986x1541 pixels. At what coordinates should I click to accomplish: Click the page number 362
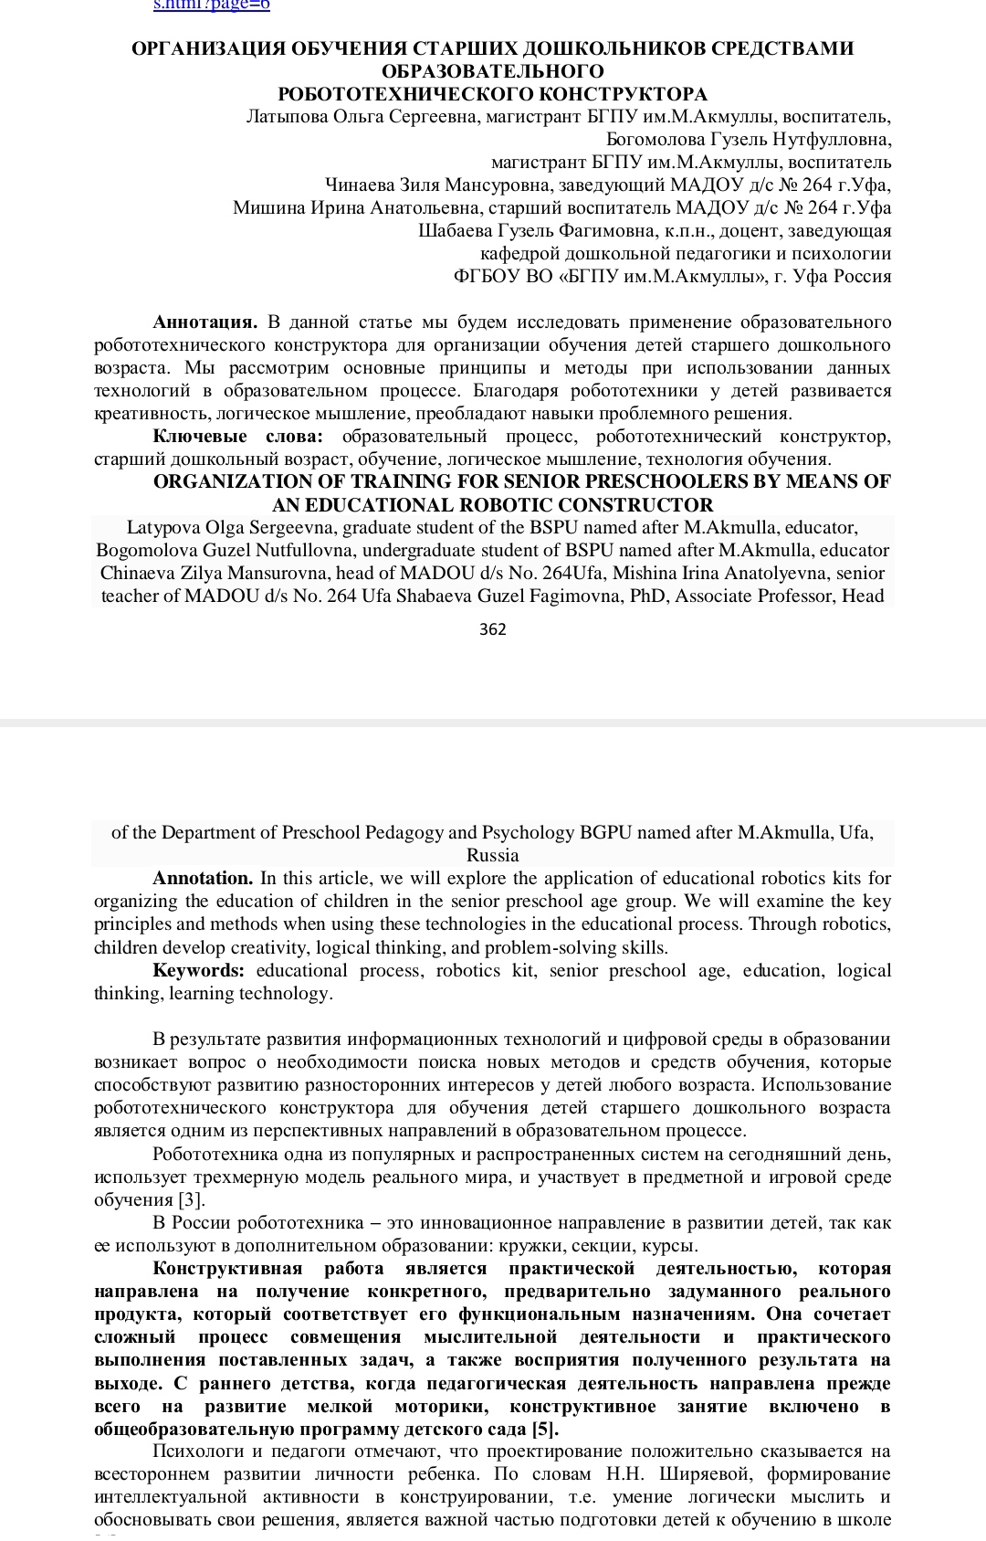(x=492, y=629)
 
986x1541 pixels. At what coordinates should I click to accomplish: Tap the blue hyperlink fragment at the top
(x=211, y=5)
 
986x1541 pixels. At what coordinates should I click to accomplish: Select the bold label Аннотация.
(x=205, y=322)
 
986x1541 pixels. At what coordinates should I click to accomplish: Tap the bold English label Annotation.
(x=203, y=879)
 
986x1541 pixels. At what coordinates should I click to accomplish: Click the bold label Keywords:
(x=198, y=970)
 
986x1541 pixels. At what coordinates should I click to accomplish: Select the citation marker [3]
(x=191, y=1199)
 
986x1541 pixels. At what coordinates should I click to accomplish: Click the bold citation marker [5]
(x=545, y=1429)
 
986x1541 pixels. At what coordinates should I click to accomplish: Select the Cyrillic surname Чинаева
(x=362, y=185)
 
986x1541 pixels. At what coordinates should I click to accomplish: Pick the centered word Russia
(x=492, y=856)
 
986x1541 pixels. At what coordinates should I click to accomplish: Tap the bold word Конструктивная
(x=227, y=1268)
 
